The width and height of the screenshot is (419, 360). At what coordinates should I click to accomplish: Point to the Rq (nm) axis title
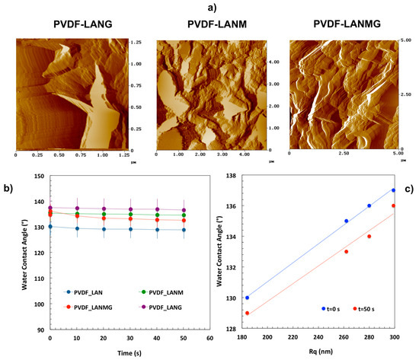321,352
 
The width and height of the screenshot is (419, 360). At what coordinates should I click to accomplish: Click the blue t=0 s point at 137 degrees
393,190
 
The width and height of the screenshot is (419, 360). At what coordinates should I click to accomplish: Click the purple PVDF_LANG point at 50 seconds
184,210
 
